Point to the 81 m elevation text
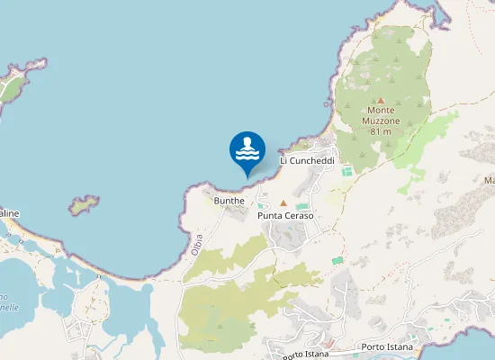coord(381,131)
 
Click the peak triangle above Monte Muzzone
coord(381,100)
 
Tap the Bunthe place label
coord(229,200)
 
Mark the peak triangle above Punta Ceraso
coord(283,203)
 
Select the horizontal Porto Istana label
coord(385,346)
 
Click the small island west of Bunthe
coord(85,205)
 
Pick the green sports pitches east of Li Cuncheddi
coord(346,170)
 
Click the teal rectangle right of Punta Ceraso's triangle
coord(301,206)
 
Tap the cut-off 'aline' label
coord(9,213)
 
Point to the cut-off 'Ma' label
coord(489,181)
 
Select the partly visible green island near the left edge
coord(11,85)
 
